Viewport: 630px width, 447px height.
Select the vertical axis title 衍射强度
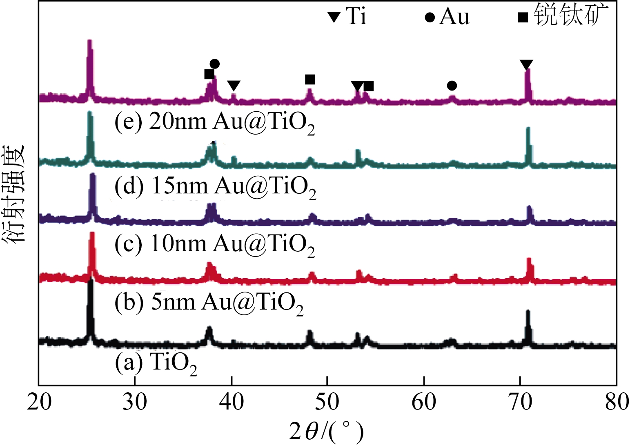point(15,194)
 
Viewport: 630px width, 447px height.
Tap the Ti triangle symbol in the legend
point(334,17)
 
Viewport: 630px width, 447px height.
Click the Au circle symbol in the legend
point(430,18)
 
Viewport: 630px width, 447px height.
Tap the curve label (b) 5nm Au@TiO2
point(209,303)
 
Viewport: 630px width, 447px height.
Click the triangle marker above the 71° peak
point(526,64)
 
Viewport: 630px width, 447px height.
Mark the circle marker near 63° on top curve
point(452,86)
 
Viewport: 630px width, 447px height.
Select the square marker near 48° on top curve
point(310,79)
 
